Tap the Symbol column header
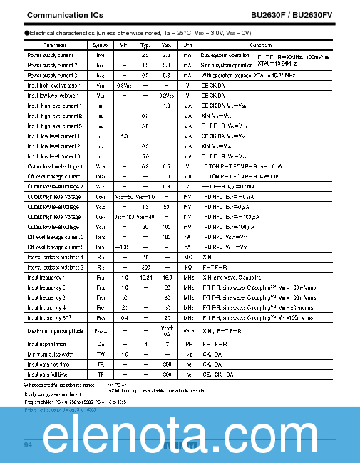101,45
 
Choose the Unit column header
188,45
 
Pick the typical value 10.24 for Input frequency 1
145,277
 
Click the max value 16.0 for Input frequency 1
167,277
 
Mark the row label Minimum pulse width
51,353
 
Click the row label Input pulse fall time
48,374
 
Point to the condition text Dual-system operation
225,55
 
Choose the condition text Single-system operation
227,65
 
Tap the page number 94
29,445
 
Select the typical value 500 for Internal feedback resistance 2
145,266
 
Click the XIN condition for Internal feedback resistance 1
207,256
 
